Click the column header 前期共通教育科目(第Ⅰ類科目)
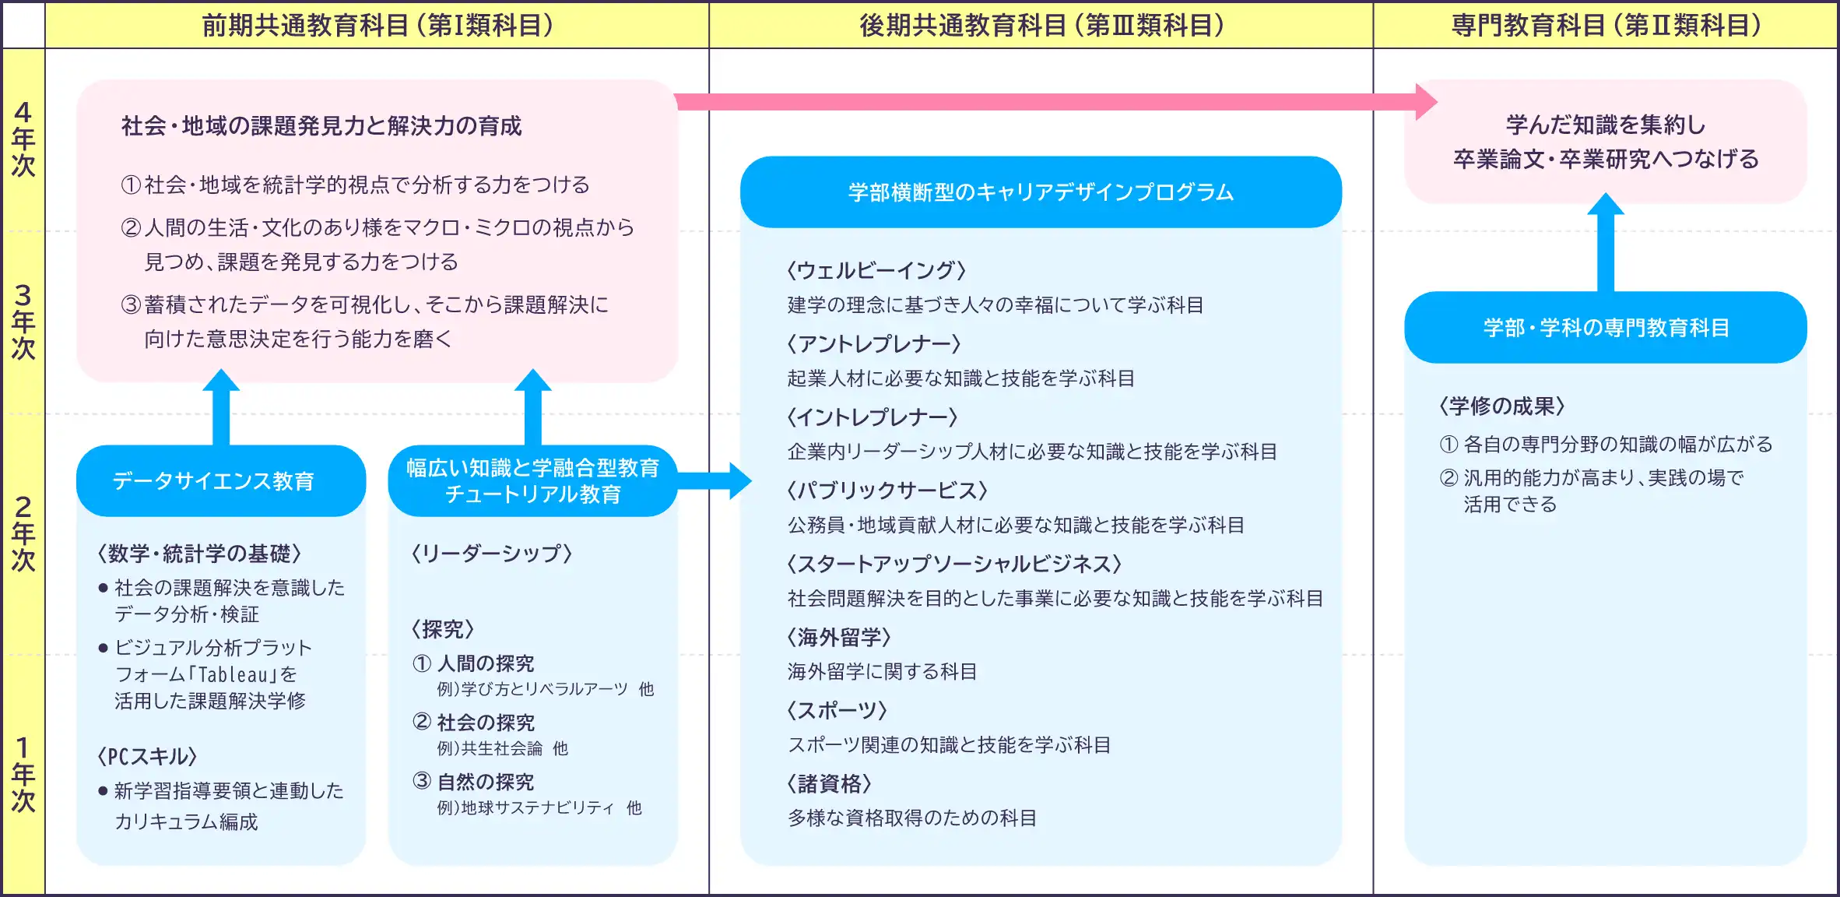[x=377, y=26]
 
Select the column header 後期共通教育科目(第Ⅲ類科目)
[x=1041, y=26]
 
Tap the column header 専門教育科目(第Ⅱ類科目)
[x=1605, y=26]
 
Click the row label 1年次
[x=23, y=774]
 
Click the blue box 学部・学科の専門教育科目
[x=1605, y=327]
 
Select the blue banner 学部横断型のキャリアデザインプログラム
[x=1041, y=192]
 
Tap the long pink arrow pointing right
[x=1051, y=102]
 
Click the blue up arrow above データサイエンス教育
[x=221, y=409]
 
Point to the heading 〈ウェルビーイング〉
[x=876, y=270]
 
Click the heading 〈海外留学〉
[x=839, y=637]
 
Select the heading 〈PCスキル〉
[x=147, y=756]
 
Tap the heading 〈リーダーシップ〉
[x=492, y=554]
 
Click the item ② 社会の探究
[x=474, y=723]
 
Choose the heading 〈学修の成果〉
[x=1501, y=406]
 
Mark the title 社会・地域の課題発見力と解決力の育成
[x=321, y=125]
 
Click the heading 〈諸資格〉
[x=829, y=783]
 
